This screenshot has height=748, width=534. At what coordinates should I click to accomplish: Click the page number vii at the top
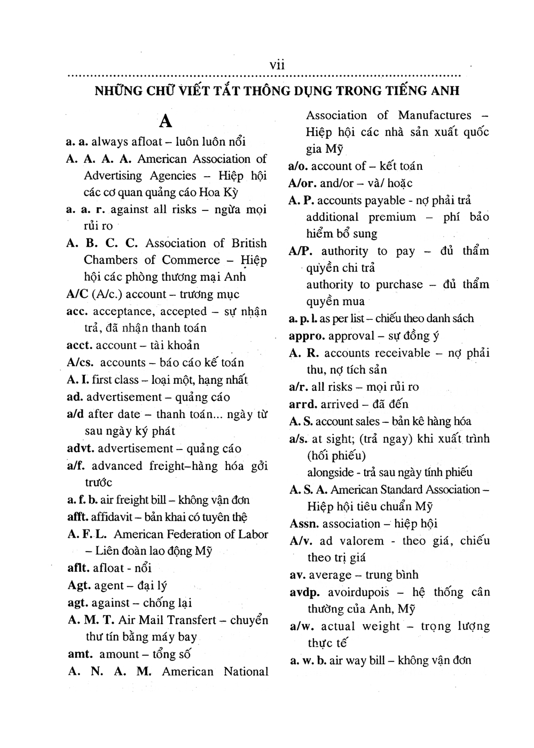[277, 65]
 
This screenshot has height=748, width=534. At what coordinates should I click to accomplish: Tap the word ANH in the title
[443, 91]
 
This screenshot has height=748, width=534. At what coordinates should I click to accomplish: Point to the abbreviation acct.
[80, 345]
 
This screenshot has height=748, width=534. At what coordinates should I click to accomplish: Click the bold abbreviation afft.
[78, 517]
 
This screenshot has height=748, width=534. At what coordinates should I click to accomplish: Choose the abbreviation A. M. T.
[90, 620]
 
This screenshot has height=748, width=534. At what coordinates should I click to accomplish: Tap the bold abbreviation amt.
[81, 654]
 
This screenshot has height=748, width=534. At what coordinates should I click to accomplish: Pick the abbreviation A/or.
[303, 183]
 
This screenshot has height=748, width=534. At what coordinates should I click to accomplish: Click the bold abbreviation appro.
[307, 336]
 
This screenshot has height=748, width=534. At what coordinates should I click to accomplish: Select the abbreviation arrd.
[303, 404]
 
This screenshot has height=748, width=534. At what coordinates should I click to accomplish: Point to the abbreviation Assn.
[304, 524]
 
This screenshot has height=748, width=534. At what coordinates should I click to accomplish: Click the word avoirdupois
[358, 592]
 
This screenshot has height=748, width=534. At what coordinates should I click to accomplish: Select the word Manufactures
[435, 115]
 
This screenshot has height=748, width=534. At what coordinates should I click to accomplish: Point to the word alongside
[331, 473]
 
